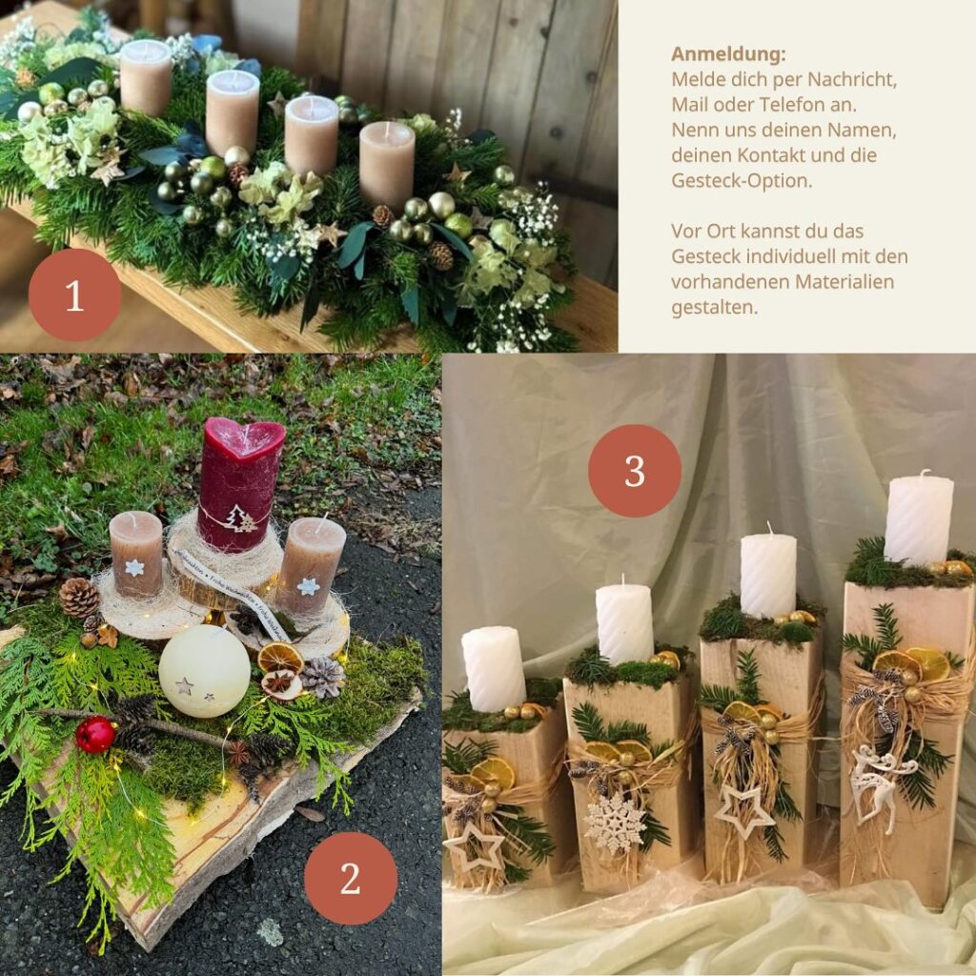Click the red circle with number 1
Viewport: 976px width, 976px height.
pos(74,295)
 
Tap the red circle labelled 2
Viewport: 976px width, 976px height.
pos(351,878)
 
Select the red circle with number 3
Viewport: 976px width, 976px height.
pos(634,471)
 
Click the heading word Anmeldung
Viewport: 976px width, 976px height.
pos(728,54)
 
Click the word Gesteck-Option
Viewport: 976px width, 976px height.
pos(742,180)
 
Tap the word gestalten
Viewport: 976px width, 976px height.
pos(715,308)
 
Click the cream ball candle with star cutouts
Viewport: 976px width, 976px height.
pos(204,671)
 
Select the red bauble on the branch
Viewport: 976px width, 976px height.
pos(96,735)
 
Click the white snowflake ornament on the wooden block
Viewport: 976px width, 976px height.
pos(615,823)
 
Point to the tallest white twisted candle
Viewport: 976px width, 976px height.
pos(919,519)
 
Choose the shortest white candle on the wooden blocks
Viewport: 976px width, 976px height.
pos(494,669)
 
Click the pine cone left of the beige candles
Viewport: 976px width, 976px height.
pos(79,598)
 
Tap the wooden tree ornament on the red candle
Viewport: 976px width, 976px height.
pos(239,518)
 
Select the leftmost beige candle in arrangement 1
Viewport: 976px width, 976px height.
pos(146,78)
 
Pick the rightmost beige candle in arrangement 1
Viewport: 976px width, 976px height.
pos(387,164)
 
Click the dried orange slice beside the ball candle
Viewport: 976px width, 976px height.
pos(280,658)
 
